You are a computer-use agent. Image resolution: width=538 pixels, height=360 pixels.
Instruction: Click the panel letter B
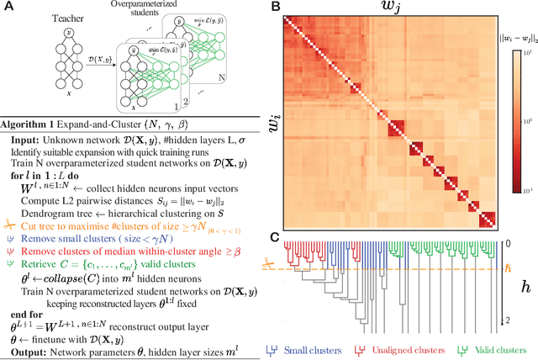(274, 8)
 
